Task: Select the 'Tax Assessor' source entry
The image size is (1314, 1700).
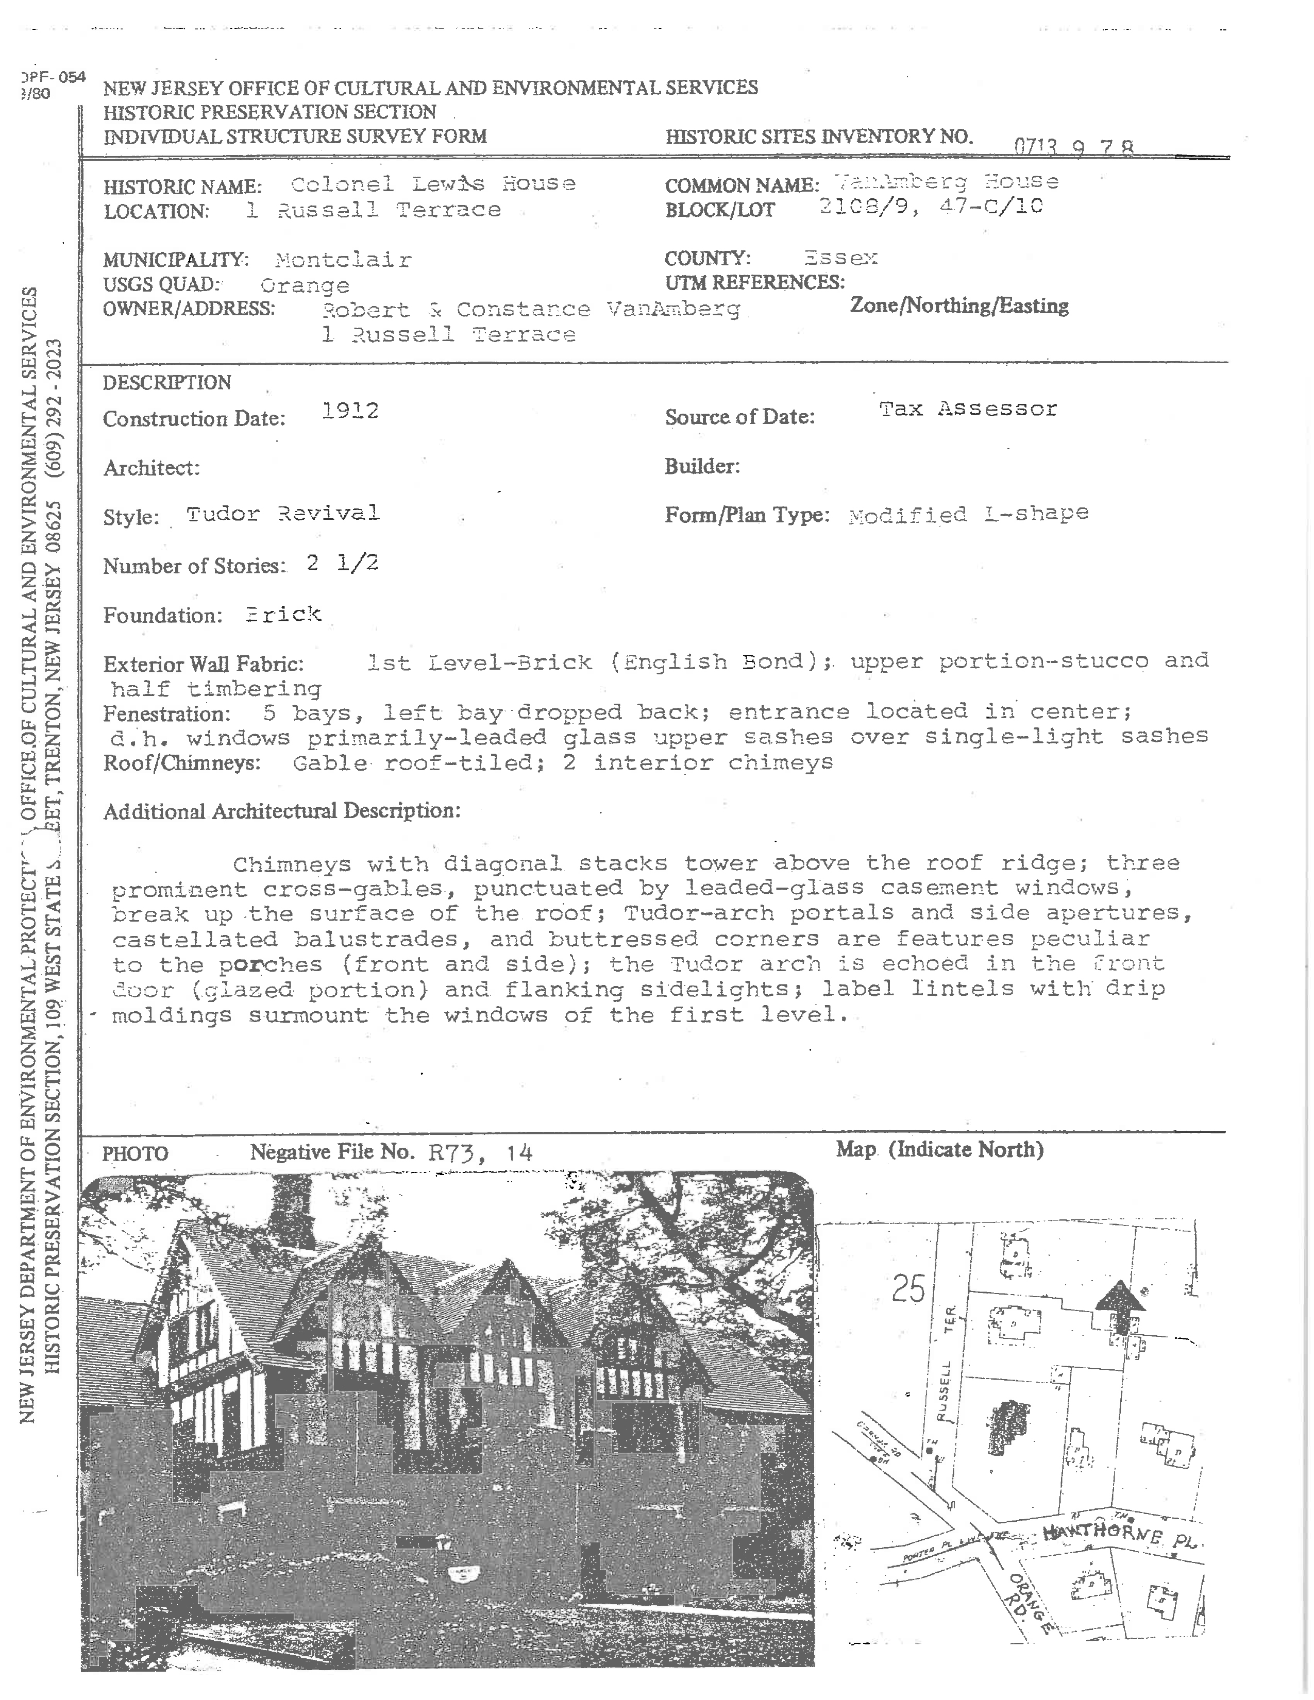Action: pos(968,409)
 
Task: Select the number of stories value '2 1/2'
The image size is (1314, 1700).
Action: pos(343,563)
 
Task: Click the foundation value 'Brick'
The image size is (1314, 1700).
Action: pos(283,614)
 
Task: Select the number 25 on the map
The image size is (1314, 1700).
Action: pos(907,1289)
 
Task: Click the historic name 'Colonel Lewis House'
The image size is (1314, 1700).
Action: pos(433,184)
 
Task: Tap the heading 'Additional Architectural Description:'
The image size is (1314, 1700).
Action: pos(282,811)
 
